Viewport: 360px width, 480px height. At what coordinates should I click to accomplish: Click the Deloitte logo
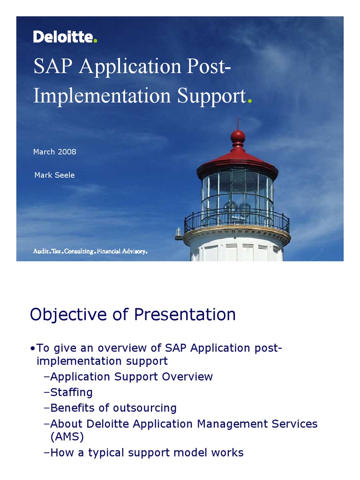(65, 37)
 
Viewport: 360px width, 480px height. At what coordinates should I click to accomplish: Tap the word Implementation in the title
(102, 95)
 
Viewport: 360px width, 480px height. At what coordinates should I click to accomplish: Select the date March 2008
(54, 152)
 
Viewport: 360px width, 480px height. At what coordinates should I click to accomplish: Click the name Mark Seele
(54, 175)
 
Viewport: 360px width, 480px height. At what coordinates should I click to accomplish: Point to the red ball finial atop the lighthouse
(238, 135)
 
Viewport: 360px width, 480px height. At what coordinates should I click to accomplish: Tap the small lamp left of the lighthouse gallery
(178, 232)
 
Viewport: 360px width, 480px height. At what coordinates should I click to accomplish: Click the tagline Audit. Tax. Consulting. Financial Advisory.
(90, 251)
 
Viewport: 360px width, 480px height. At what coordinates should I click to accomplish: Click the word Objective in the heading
(68, 315)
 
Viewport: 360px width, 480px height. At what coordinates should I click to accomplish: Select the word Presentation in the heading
(185, 315)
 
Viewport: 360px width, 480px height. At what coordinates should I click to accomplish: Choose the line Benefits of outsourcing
(111, 408)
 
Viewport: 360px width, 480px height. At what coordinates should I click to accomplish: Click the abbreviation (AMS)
(67, 437)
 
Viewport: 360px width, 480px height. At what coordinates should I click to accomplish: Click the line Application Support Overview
(128, 377)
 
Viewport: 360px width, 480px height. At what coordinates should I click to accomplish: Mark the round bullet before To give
(32, 349)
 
